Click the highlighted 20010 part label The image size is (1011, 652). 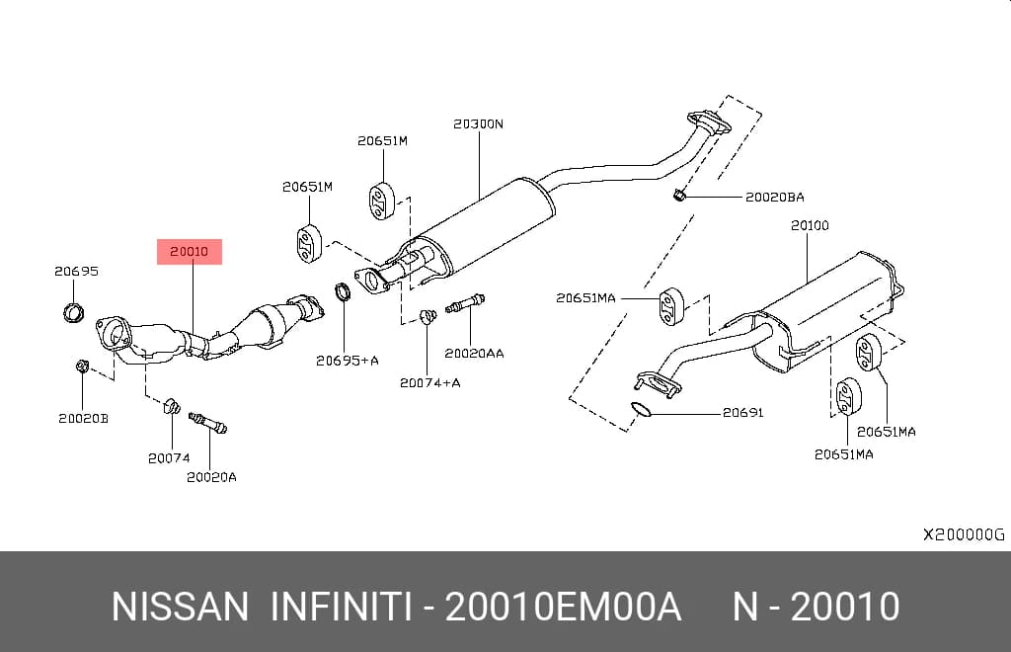pyautogui.click(x=190, y=252)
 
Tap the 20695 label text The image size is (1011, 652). pyautogui.click(x=77, y=272)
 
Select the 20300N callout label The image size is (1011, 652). pyautogui.click(x=479, y=123)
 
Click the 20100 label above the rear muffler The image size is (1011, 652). pyautogui.click(x=810, y=225)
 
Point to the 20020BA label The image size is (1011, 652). pyautogui.click(x=775, y=198)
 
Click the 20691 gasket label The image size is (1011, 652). pyautogui.click(x=742, y=412)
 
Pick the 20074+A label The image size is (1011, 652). pyautogui.click(x=430, y=383)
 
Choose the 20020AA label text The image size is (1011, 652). pyautogui.click(x=474, y=354)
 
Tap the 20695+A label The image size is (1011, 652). pyautogui.click(x=347, y=362)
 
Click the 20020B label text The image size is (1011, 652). pyautogui.click(x=84, y=419)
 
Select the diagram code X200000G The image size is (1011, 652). pyautogui.click(x=964, y=534)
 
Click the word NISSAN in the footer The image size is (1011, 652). pyautogui.click(x=180, y=607)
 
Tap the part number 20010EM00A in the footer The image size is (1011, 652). pyautogui.click(x=563, y=607)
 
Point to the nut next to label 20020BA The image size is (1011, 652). pyautogui.click(x=678, y=194)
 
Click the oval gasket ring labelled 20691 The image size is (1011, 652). pyautogui.click(x=640, y=409)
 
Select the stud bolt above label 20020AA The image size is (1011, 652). pyautogui.click(x=465, y=303)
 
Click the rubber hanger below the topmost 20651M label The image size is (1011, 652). pyautogui.click(x=382, y=202)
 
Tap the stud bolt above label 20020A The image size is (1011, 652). pyautogui.click(x=207, y=423)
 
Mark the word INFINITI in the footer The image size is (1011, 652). pyautogui.click(x=341, y=607)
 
